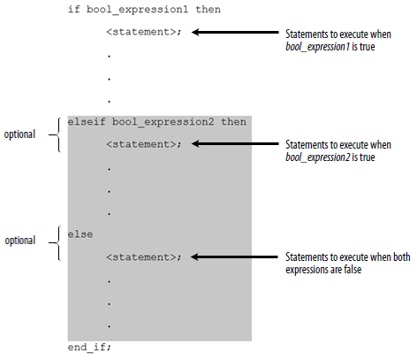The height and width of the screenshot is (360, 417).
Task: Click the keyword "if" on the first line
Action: coord(74,9)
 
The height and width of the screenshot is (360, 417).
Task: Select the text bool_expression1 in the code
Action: coord(137,10)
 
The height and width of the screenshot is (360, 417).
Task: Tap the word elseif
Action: coord(87,121)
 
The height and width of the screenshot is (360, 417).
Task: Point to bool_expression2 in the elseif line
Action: coord(163,122)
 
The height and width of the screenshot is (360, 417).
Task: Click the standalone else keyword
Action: coord(80,234)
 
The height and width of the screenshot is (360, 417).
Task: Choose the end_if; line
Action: coord(89,347)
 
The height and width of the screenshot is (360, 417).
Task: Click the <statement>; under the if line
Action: coord(144,32)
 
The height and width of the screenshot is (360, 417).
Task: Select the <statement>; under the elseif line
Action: coord(144,144)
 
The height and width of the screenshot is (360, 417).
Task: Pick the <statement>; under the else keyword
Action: coord(144,257)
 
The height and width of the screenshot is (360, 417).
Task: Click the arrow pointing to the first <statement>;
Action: coord(235,32)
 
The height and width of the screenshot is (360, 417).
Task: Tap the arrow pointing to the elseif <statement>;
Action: coord(235,144)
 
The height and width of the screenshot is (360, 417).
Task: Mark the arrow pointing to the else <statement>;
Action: coord(234,257)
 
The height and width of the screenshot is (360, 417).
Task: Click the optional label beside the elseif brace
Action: coord(19,134)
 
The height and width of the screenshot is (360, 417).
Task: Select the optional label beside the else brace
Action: coord(20,241)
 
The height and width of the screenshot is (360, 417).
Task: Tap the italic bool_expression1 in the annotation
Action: coord(317,47)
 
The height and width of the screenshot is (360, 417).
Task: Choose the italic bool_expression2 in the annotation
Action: coord(318,157)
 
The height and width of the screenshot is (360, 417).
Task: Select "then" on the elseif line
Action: coord(234,121)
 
